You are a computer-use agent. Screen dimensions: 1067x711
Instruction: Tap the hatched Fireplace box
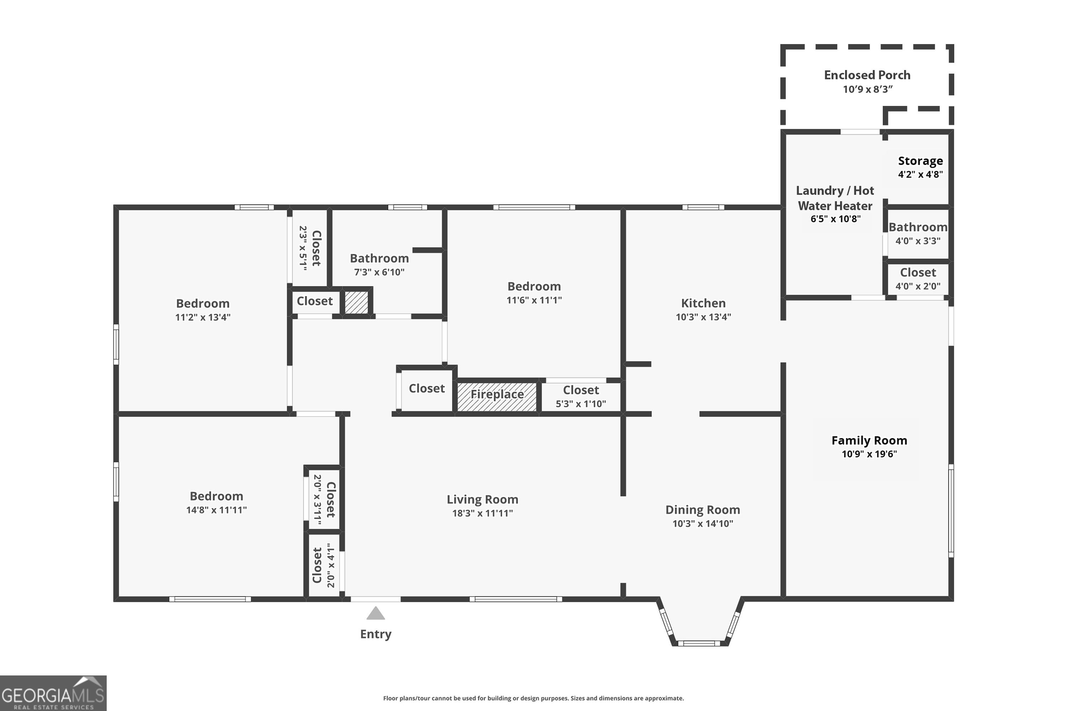point(497,397)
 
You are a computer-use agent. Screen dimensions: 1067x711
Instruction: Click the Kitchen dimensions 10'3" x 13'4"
point(703,317)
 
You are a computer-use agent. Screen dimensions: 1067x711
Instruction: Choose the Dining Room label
point(703,510)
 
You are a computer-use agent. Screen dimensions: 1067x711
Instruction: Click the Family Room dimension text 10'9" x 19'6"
point(869,454)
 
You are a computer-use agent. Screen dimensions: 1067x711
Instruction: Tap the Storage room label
point(920,161)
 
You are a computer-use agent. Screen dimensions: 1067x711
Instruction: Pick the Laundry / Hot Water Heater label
point(835,198)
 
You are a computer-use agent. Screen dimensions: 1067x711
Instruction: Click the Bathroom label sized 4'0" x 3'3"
point(918,227)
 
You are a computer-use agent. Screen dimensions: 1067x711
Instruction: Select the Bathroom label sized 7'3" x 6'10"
point(379,258)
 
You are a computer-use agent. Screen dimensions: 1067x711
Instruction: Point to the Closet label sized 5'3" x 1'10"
point(581,390)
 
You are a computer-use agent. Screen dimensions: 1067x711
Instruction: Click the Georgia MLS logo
point(53,693)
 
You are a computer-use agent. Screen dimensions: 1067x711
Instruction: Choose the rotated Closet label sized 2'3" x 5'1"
point(316,248)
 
